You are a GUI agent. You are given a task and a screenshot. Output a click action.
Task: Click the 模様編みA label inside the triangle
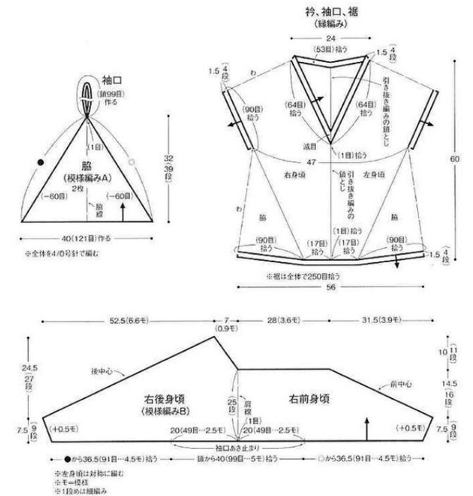(x=87, y=180)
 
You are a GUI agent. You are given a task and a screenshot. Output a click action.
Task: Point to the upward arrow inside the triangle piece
(x=125, y=209)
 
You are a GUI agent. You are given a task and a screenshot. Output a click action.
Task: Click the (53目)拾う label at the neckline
(x=329, y=50)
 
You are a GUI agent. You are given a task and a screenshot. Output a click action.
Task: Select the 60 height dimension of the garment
(x=455, y=159)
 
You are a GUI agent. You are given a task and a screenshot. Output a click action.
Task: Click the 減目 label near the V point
(x=312, y=147)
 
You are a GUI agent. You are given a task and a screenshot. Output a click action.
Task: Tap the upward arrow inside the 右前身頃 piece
(x=367, y=426)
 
